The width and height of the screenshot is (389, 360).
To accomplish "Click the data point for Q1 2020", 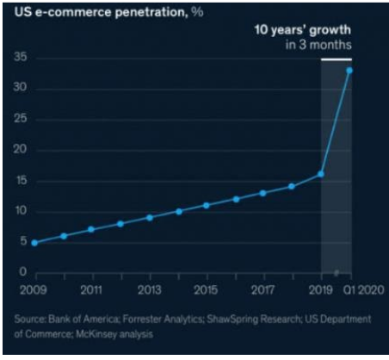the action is [x=349, y=71].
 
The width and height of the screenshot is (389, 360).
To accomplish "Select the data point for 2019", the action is [x=321, y=174].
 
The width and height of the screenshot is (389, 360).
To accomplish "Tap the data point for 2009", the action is [x=34, y=243].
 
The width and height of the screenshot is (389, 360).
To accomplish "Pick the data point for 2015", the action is [x=206, y=206].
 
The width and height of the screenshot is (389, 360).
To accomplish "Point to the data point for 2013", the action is [x=150, y=218].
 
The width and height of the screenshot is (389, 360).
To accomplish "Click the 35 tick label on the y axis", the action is [x=21, y=57].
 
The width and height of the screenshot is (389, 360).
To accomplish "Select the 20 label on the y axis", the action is [x=20, y=149].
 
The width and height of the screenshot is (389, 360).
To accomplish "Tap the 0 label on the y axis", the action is [x=23, y=271].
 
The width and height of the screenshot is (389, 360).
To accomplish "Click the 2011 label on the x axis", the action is [x=91, y=290].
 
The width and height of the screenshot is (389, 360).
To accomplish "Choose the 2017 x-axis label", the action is [x=262, y=290].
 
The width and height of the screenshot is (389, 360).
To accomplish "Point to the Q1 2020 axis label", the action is [x=363, y=290].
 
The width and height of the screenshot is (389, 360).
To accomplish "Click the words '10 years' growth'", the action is [x=303, y=30].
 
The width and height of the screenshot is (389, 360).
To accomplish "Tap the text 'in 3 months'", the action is [x=318, y=45].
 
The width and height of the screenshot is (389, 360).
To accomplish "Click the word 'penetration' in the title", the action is [x=151, y=12].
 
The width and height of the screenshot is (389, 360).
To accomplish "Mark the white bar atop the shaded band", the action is [x=337, y=59].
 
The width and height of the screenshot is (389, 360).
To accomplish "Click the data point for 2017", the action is [x=262, y=193].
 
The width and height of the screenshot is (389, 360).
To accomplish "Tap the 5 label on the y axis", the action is [x=23, y=240].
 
